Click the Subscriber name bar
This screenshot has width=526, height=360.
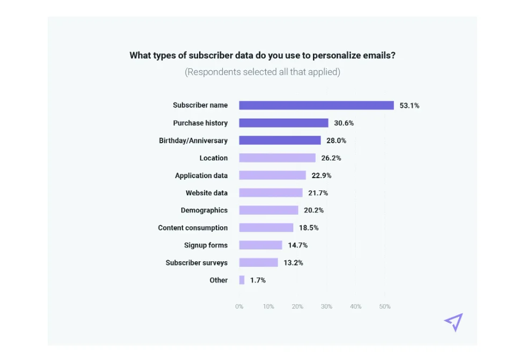(316, 106)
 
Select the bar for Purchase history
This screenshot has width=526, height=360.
(283, 123)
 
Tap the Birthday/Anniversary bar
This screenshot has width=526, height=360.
(280, 141)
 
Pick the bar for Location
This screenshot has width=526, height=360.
(277, 158)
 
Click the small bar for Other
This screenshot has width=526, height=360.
(242, 280)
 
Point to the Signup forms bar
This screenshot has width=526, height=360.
(260, 245)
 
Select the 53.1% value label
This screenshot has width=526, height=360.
(409, 106)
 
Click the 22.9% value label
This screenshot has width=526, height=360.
(321, 175)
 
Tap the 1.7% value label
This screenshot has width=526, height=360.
(258, 280)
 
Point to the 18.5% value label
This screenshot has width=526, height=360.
(309, 227)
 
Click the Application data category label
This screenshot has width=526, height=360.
(201, 175)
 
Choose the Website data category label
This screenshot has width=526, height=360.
(207, 193)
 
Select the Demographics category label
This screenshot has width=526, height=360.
(204, 210)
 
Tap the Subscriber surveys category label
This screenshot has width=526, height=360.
(196, 263)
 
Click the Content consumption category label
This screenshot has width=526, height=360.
(193, 227)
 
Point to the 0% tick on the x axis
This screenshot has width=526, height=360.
(239, 306)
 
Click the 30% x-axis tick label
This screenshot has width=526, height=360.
(326, 306)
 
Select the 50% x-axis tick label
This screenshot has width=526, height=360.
(384, 306)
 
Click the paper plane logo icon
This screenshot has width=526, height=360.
(454, 322)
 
